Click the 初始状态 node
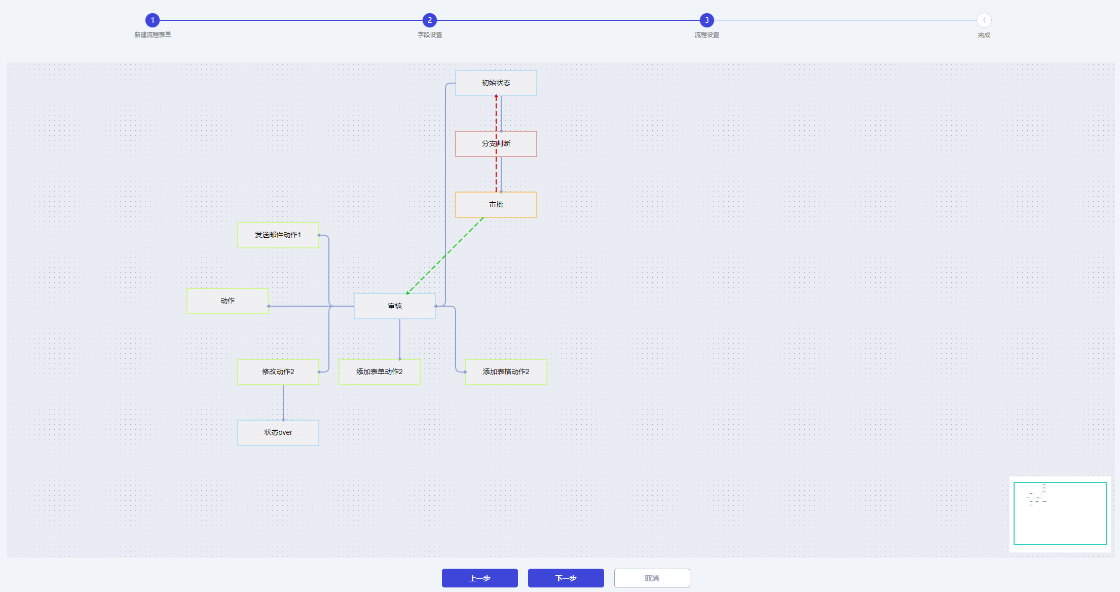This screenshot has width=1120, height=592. (496, 83)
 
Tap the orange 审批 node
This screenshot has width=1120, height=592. (496, 205)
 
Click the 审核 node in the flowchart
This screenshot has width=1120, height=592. (394, 306)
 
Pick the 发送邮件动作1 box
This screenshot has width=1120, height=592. (278, 235)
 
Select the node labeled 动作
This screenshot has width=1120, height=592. (227, 301)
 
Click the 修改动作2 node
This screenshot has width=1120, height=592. (278, 372)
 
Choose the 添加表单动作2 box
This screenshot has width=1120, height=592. (379, 372)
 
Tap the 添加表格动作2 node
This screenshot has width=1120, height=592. (506, 372)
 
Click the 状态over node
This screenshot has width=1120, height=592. (278, 433)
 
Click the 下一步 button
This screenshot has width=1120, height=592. (566, 578)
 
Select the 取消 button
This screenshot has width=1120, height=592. (652, 578)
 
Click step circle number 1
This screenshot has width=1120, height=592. (153, 20)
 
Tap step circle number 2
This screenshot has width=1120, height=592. (430, 20)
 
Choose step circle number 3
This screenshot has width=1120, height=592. (707, 20)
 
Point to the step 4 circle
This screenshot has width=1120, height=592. (984, 20)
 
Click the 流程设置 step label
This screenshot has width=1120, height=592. (707, 35)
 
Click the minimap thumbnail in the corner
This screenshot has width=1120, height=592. (1060, 513)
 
